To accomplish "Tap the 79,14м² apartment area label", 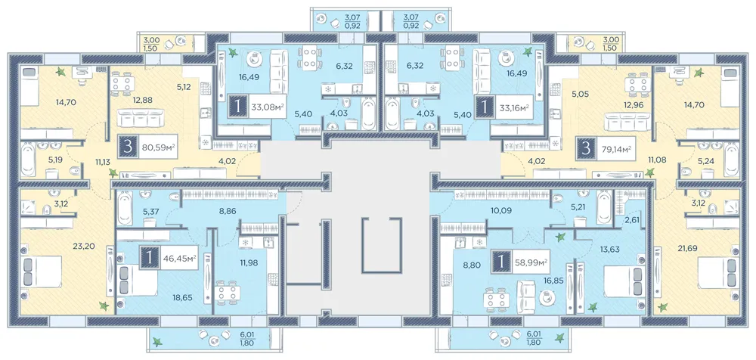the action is click(615, 147).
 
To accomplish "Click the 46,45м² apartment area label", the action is click(178, 258).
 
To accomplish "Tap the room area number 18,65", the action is click(182, 298).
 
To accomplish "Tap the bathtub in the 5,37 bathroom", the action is click(124, 208).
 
